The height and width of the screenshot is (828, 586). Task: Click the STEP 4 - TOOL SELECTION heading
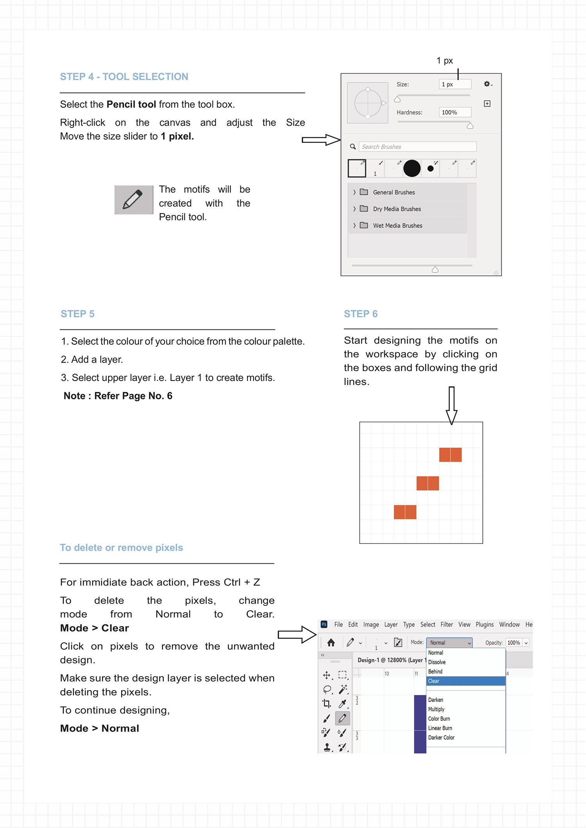[x=124, y=77]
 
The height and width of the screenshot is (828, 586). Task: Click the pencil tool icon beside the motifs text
[x=134, y=200]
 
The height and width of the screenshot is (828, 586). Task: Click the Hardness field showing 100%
[x=455, y=112]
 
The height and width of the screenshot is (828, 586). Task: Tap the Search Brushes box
[x=417, y=147]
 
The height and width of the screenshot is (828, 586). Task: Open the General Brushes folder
[x=393, y=192]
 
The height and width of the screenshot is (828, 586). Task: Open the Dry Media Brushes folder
[x=397, y=209]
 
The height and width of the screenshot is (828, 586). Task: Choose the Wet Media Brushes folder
[x=397, y=226]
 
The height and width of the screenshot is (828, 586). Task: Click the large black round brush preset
[x=412, y=168]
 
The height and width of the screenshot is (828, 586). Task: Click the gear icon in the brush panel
[x=487, y=84]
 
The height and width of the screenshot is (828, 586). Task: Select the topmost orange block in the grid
[x=450, y=455]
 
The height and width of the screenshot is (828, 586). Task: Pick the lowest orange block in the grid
[x=405, y=512]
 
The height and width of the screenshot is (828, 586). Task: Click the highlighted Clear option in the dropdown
[x=465, y=681]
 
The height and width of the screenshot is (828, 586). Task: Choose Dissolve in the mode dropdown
[x=437, y=662]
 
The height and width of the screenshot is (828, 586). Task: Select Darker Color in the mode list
[x=441, y=737]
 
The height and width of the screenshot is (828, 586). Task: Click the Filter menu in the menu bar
[x=447, y=625]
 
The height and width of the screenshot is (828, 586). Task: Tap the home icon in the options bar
[x=331, y=643]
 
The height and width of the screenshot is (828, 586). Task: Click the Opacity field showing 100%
[x=513, y=643]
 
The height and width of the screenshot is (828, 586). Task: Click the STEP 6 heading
[x=361, y=314]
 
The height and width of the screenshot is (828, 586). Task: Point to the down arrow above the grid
[x=452, y=405]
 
